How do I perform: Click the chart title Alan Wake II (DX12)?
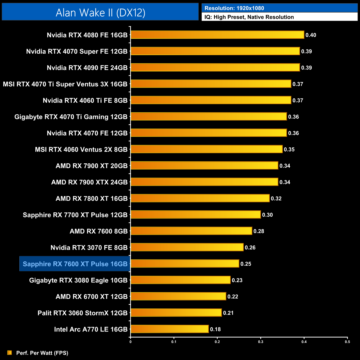100,12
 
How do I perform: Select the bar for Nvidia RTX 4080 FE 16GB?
217,35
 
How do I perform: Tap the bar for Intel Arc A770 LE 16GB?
169,329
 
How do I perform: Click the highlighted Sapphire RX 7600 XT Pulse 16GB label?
75,264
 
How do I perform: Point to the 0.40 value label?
311,35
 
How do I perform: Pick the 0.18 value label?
215,329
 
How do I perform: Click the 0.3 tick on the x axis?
261,342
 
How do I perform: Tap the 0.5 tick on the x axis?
347,342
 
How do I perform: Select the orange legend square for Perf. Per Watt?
10,353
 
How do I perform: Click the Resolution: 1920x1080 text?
234,8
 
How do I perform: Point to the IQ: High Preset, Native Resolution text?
249,17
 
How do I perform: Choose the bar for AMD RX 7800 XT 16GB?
200,198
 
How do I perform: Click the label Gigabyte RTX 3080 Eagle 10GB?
78,280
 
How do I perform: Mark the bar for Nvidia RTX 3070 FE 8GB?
187,247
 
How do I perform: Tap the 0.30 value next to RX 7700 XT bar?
267,215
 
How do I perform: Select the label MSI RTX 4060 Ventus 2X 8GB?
81,150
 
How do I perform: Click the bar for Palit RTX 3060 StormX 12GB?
176,313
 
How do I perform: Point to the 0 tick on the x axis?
130,342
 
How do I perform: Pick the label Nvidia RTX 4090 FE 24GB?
87,68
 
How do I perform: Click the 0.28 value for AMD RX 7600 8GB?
259,231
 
